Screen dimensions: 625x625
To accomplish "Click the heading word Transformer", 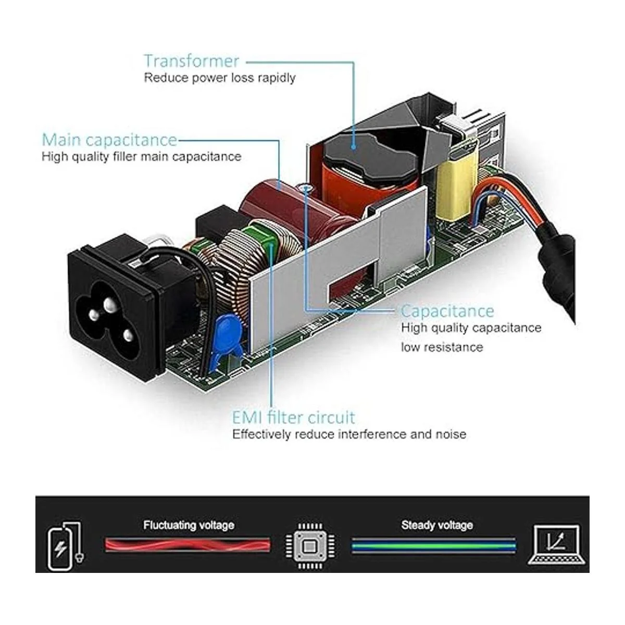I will [191, 61].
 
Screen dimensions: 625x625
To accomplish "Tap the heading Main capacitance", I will [109, 140].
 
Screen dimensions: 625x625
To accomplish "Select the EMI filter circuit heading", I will [293, 417].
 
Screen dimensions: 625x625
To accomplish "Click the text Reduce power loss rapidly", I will [219, 78].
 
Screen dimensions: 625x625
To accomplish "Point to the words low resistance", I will [442, 347].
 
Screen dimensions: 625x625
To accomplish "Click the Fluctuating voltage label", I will [189, 525].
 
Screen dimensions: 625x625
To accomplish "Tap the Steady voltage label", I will [437, 525].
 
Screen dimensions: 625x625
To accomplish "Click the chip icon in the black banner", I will [310, 545].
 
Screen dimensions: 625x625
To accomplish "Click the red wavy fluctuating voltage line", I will [187, 545].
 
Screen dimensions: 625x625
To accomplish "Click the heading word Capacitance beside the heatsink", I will [447, 311].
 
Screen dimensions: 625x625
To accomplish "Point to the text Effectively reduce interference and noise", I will [349, 434].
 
